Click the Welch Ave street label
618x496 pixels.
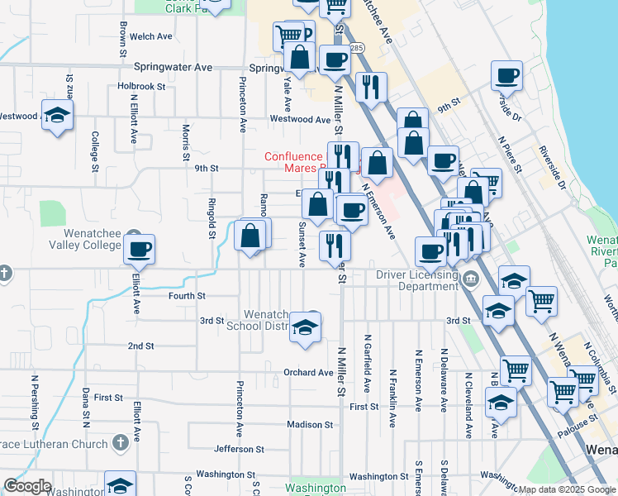pyautogui.click(x=151, y=36)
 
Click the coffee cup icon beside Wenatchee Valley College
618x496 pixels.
pyautogui.click(x=139, y=248)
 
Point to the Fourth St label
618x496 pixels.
pyautogui.click(x=187, y=295)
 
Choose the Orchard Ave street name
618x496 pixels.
pyautogui.click(x=308, y=372)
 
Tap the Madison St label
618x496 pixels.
pyautogui.click(x=309, y=424)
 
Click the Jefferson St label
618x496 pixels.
pyautogui.click(x=238, y=449)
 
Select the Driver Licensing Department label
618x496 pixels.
pyautogui.click(x=416, y=280)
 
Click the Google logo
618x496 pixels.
pyautogui.click(x=27, y=485)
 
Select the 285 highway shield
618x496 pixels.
pyautogui.click(x=355, y=49)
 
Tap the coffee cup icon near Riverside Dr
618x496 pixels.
pyautogui.click(x=506, y=76)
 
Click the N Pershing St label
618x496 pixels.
pyautogui.click(x=36, y=403)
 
